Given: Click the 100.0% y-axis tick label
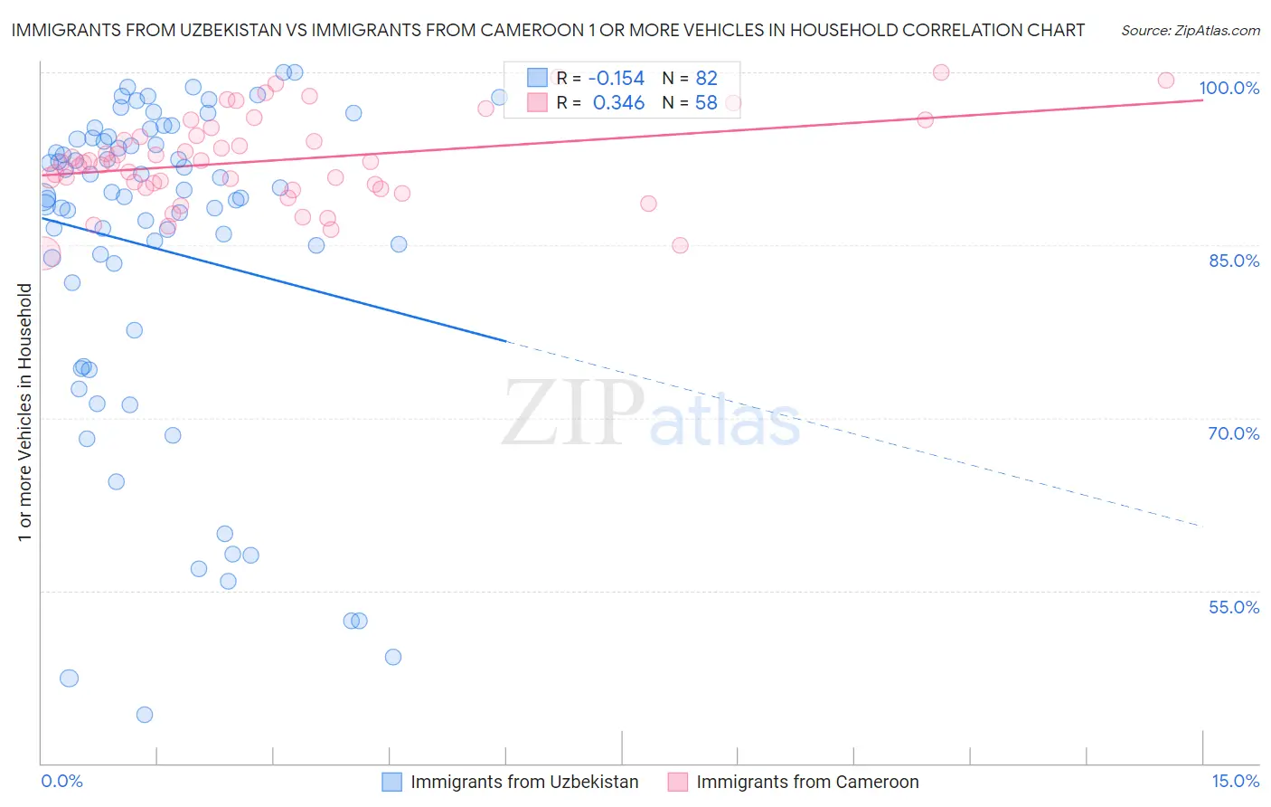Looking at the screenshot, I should [x=1229, y=88].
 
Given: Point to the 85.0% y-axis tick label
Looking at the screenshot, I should [x=1233, y=261].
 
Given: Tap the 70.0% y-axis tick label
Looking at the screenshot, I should [x=1233, y=433].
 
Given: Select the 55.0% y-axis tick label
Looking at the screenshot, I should [x=1233, y=607].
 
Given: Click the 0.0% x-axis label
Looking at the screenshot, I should [x=61, y=781].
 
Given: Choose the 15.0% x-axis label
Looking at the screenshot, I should [x=1235, y=781].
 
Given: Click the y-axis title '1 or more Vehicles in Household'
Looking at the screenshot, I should [x=24, y=413].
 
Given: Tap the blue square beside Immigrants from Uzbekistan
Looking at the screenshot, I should [x=391, y=782].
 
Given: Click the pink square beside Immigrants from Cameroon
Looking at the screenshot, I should [x=677, y=782].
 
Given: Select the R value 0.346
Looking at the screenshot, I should [x=618, y=103].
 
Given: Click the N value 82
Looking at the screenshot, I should [x=706, y=79].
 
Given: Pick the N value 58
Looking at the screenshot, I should [x=706, y=103].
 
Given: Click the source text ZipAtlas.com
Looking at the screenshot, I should [x=1190, y=31].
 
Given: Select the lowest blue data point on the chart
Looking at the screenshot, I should [x=145, y=715].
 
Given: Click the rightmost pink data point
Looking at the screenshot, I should [x=1166, y=81].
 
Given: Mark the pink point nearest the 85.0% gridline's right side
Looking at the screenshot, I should [x=680, y=245].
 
